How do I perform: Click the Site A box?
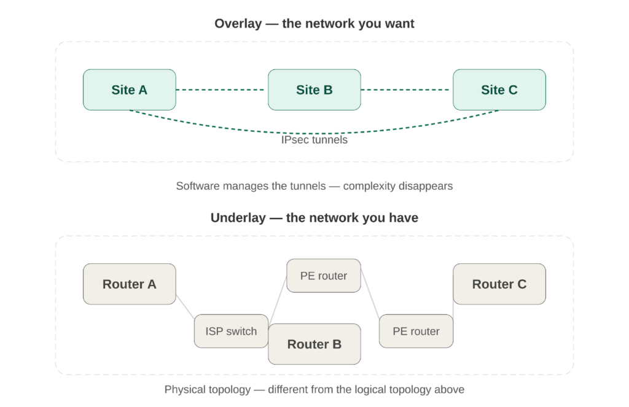(x=130, y=90)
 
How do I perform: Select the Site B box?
(x=314, y=90)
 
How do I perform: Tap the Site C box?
(x=499, y=90)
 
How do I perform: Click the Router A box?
(x=130, y=284)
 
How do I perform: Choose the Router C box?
(x=499, y=284)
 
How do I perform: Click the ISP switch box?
(x=231, y=331)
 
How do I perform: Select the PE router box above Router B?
(x=323, y=276)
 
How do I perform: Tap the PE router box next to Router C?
(x=416, y=331)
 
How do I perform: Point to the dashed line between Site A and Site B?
(x=222, y=90)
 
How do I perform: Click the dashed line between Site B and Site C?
(x=407, y=90)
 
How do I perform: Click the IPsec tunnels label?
(x=314, y=140)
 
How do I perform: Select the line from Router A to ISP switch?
(x=185, y=305)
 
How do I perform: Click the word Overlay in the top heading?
(x=237, y=24)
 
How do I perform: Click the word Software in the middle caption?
(x=198, y=185)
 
